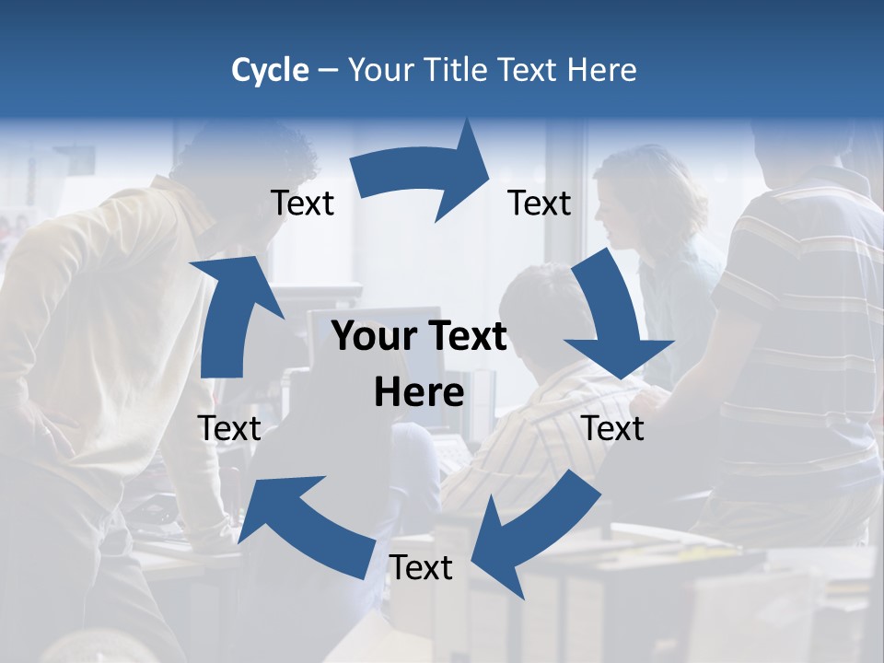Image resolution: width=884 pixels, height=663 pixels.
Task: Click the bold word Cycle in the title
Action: coord(270,70)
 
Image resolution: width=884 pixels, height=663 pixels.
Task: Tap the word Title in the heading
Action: coord(457,70)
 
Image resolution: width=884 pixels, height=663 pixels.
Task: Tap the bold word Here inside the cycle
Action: coord(419,392)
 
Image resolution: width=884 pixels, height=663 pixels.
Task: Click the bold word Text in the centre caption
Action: coord(465,337)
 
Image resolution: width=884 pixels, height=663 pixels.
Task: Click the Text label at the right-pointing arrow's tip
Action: coord(540,203)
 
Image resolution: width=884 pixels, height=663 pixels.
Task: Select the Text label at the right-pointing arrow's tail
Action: coord(302,203)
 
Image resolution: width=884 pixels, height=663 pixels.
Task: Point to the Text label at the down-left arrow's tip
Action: coord(421,568)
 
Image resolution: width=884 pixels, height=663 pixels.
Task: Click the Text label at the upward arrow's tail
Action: coord(229,428)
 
